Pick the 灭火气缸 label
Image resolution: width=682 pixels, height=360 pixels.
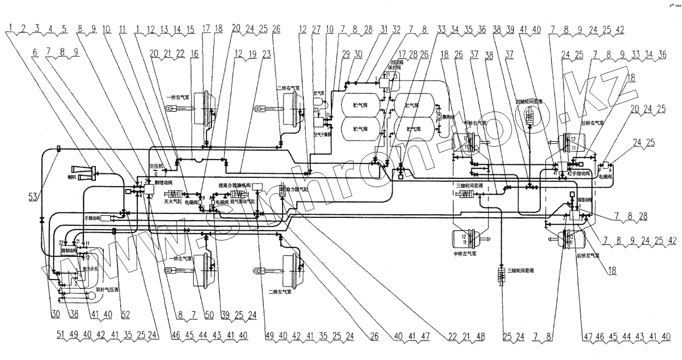pyautogui.click(x=173, y=202)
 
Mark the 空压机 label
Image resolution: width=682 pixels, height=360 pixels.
pyautogui.click(x=156, y=166)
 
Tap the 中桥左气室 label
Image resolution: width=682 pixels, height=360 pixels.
pyautogui.click(x=465, y=254)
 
